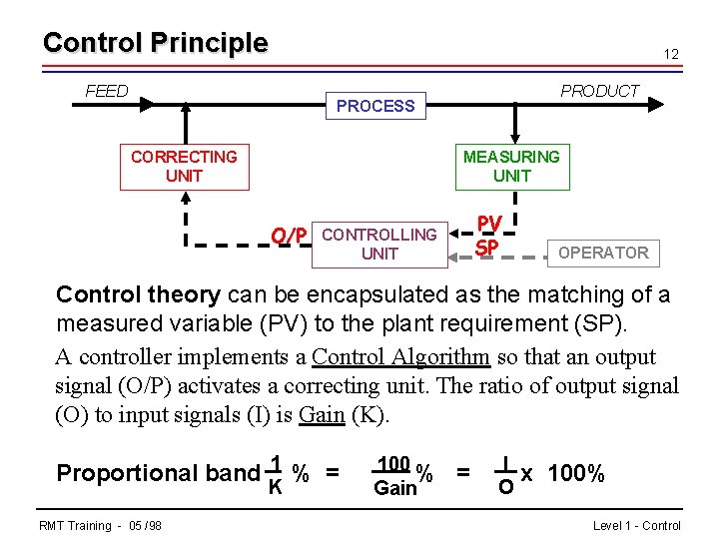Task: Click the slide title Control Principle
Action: [x=155, y=43]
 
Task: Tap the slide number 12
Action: [x=671, y=54]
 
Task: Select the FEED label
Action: [x=107, y=91]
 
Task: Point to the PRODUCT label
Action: [x=599, y=91]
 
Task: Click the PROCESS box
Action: [x=375, y=106]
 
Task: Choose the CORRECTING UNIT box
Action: [x=184, y=167]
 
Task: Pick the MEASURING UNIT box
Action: [x=511, y=167]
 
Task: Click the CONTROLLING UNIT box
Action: [x=379, y=245]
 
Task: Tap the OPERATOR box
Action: [x=603, y=253]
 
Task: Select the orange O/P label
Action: [x=289, y=236]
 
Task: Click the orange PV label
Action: [x=489, y=224]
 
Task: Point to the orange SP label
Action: [x=487, y=246]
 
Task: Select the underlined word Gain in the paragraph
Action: [x=322, y=414]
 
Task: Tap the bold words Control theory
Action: [x=138, y=295]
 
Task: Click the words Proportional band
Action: [x=158, y=472]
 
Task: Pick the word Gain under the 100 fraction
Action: [x=394, y=488]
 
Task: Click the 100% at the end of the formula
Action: [x=576, y=473]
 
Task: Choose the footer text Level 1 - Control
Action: [x=636, y=525]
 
